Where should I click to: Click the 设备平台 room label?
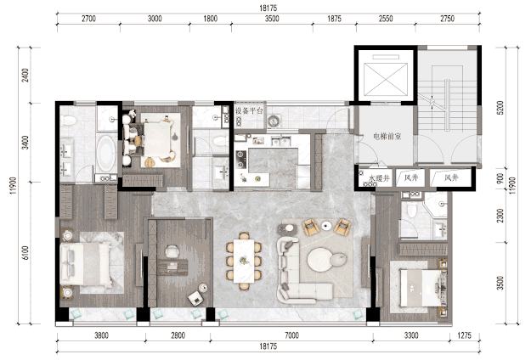point(249,110)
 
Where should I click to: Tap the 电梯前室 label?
point(387,137)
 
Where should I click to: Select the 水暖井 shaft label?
point(379,178)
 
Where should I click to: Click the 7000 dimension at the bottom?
point(291,335)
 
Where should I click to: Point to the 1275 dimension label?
point(464,335)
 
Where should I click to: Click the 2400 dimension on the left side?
point(25,75)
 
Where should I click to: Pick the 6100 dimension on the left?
point(25,253)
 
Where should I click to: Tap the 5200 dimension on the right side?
point(500,108)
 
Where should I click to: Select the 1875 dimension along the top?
point(334,19)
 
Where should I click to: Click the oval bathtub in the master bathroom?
point(106,154)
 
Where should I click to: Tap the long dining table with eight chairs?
point(244,261)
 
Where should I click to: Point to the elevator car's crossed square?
point(386,80)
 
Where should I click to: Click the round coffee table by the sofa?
point(320,260)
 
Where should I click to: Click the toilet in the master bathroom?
point(69,120)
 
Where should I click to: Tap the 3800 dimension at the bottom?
point(102,335)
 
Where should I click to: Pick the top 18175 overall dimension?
point(268,8)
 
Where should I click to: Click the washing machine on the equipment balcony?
point(274,121)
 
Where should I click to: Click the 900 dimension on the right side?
point(500,178)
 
